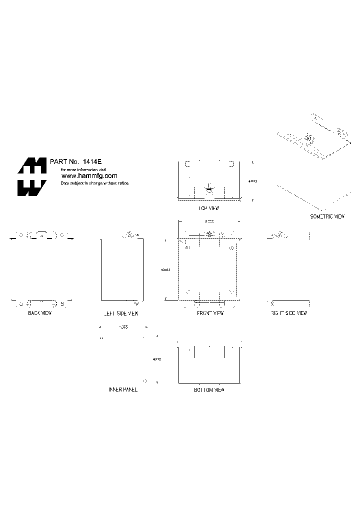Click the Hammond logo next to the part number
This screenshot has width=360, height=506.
[x=32, y=177]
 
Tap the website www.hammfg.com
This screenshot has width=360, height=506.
[x=89, y=176]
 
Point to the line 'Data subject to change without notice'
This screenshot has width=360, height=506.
[x=94, y=183]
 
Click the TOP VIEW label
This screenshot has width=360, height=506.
[x=209, y=207]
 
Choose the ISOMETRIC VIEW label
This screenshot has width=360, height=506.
[x=327, y=216]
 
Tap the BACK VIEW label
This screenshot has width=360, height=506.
[x=40, y=313]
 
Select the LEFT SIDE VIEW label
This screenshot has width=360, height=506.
[x=120, y=313]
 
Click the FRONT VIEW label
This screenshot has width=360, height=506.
[x=210, y=313]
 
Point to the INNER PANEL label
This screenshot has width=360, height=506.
[x=122, y=389]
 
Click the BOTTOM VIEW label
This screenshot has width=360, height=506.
[x=209, y=389]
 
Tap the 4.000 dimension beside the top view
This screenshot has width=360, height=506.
[x=252, y=182]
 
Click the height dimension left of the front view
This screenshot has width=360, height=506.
[x=165, y=270]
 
